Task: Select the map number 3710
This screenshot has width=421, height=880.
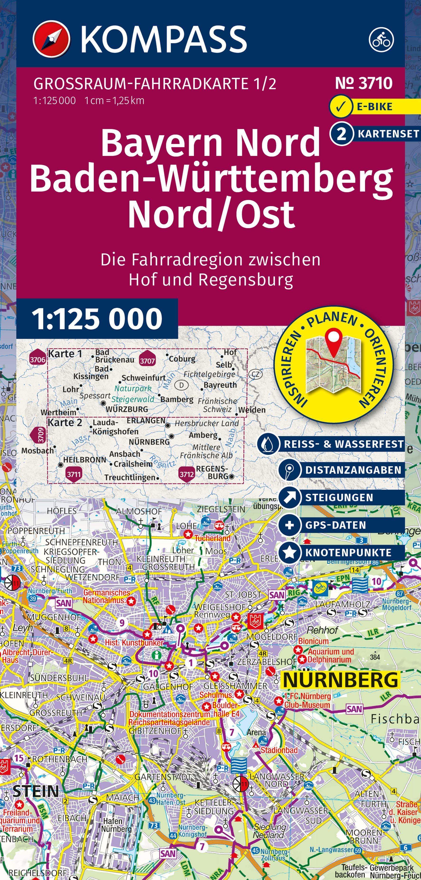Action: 364,83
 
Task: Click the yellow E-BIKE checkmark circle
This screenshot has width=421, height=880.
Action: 341,107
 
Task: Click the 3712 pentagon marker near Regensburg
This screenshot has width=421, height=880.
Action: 187,473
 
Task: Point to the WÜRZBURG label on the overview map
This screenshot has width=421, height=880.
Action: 127,409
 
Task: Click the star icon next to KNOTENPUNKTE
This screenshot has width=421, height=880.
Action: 290,552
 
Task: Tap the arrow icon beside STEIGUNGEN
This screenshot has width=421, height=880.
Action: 290,497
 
